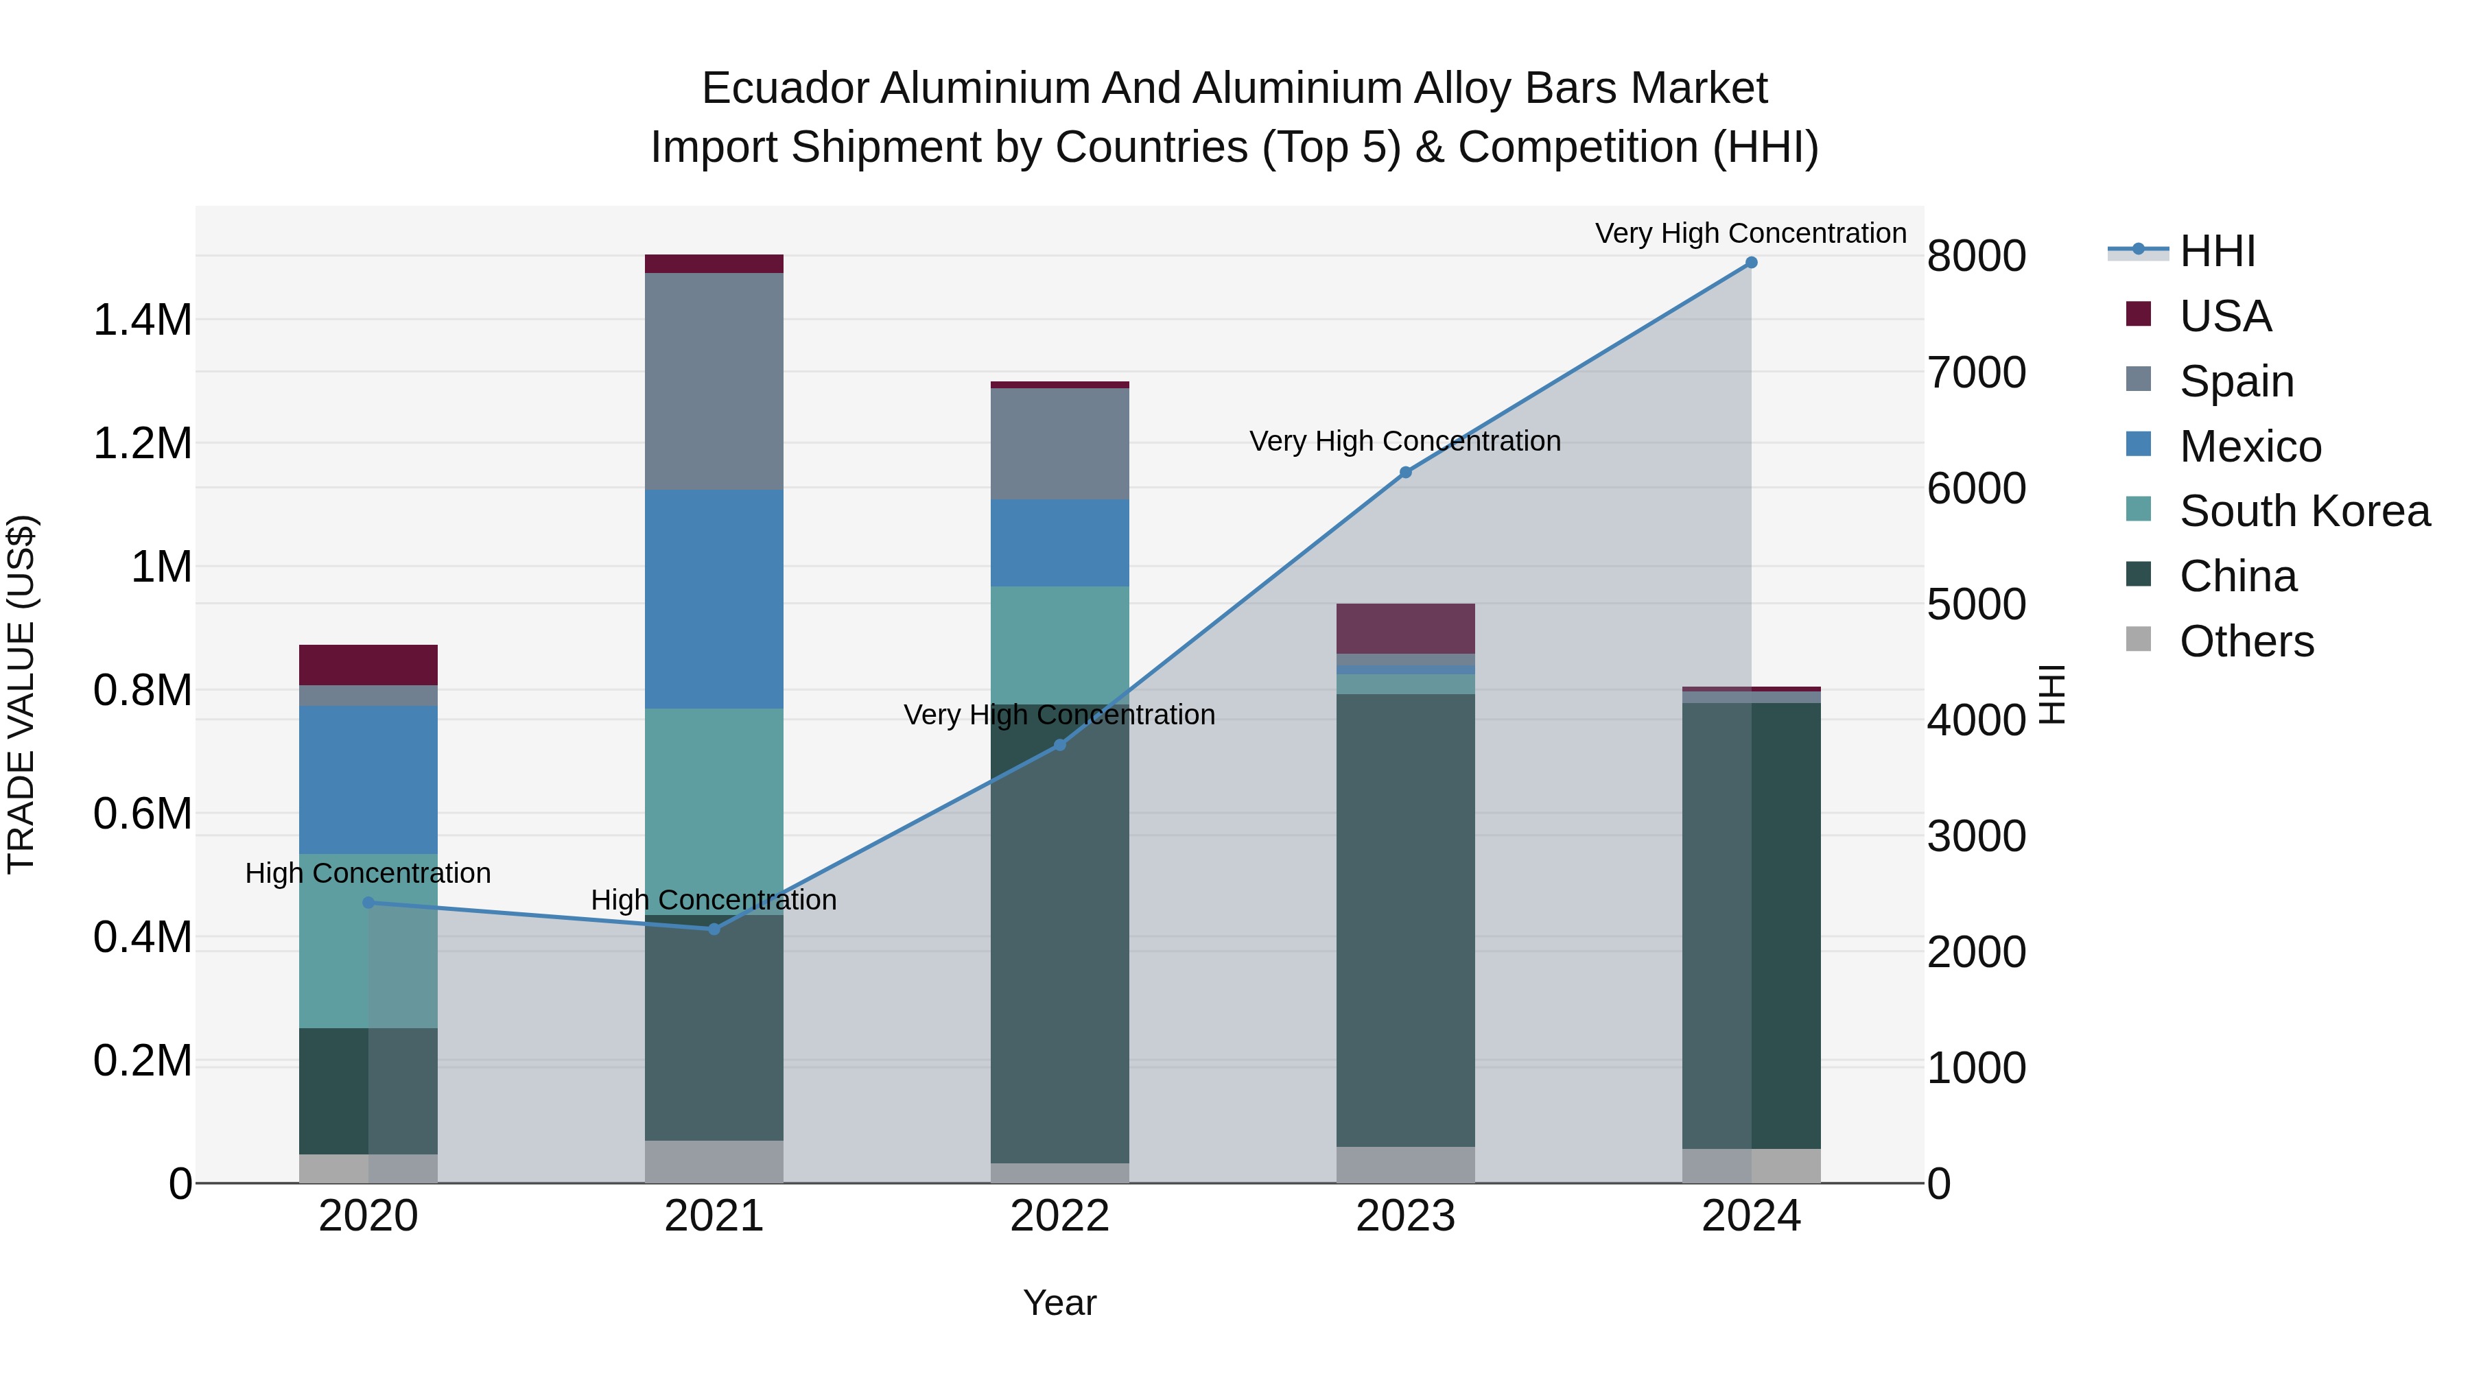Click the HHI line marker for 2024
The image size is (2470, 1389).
click(x=1751, y=263)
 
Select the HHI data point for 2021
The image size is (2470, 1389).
click(x=714, y=929)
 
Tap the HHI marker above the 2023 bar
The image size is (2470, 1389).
click(x=1406, y=473)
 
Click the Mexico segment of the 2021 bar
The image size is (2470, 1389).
click(x=714, y=599)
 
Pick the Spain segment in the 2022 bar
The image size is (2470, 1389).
click(x=1059, y=444)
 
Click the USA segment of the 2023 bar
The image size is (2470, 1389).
click(x=1406, y=629)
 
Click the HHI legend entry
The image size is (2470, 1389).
click(x=2217, y=251)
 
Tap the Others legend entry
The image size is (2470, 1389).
click(x=2246, y=641)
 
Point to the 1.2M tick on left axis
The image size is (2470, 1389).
click(x=142, y=444)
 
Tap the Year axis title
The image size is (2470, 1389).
click(x=1059, y=1303)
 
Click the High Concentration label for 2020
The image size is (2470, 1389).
click(x=368, y=873)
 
